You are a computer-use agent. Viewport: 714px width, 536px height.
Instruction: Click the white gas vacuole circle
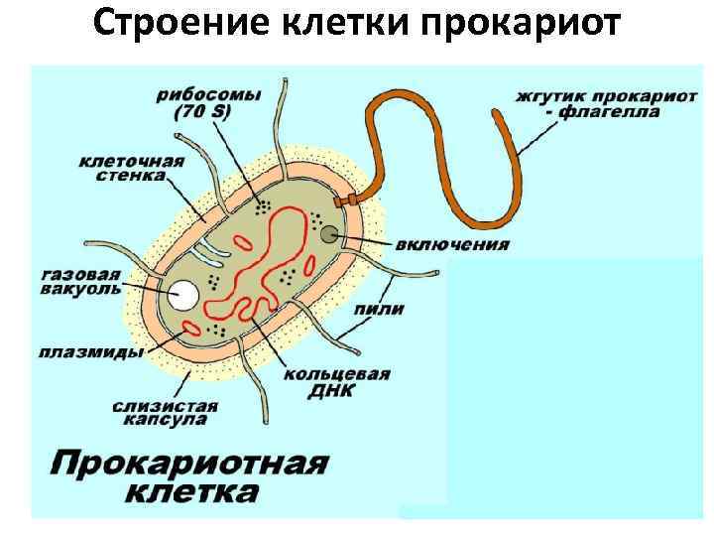tap(182, 295)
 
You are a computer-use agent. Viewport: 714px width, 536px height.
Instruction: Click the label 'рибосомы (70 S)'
tap(208, 103)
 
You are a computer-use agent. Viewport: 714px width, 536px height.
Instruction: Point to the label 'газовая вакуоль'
tap(81, 280)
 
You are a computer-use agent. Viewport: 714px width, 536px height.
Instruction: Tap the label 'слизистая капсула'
tap(166, 413)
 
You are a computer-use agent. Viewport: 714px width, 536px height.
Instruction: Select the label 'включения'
tap(452, 244)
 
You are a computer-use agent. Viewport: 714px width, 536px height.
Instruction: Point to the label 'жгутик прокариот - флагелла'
tap(588, 104)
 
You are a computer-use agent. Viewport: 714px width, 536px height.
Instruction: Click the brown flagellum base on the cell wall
tap(346, 201)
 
